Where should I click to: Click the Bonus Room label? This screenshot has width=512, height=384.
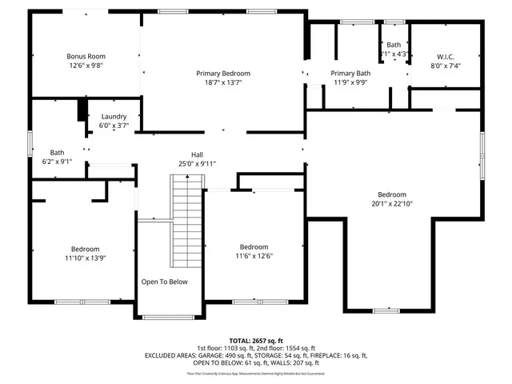pyautogui.click(x=86, y=56)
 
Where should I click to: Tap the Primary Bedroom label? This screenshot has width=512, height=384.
pyautogui.click(x=223, y=73)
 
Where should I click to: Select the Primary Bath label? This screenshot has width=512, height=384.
pyautogui.click(x=351, y=73)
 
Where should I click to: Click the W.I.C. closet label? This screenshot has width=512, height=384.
pyautogui.click(x=446, y=56)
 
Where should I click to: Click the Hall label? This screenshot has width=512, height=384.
pyautogui.click(x=197, y=154)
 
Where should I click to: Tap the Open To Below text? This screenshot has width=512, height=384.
pyautogui.click(x=164, y=282)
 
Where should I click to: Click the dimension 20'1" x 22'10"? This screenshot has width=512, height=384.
pyautogui.click(x=392, y=204)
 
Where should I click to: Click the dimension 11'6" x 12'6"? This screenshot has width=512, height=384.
pyautogui.click(x=254, y=256)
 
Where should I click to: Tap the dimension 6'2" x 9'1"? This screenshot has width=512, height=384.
pyautogui.click(x=57, y=161)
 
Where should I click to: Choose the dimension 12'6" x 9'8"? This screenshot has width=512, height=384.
pyautogui.click(x=86, y=66)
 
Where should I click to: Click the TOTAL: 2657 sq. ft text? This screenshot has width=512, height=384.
pyautogui.click(x=256, y=341)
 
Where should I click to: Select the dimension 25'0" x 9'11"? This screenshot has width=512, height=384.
pyautogui.click(x=197, y=164)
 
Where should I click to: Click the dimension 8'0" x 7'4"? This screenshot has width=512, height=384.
pyautogui.click(x=446, y=66)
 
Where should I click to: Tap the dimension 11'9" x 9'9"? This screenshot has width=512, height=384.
pyautogui.click(x=351, y=82)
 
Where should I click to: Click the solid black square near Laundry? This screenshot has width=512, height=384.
pyautogui.click(x=82, y=110)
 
